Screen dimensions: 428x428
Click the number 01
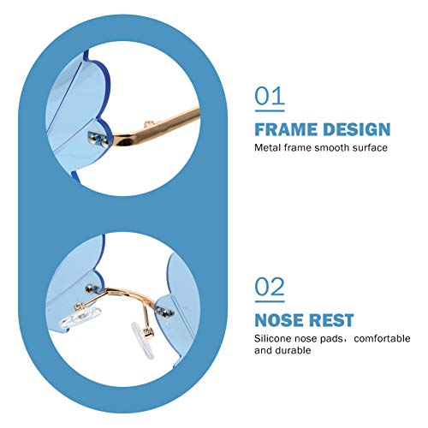[x=270, y=96]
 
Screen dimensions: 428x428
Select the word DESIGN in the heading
[x=357, y=130]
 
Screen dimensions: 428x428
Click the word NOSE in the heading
[x=279, y=321]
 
